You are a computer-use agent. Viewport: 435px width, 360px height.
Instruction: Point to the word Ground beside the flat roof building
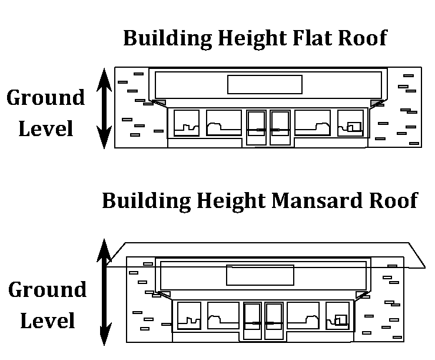click(45, 98)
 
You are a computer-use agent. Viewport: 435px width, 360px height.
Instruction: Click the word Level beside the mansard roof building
click(47, 321)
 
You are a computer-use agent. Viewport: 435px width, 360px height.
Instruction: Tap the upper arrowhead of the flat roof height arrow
click(104, 76)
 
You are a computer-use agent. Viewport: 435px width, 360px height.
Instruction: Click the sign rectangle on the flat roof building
click(264, 84)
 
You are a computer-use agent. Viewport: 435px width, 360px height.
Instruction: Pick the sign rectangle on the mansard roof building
click(260, 275)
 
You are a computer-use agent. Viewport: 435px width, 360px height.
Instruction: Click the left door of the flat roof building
click(257, 127)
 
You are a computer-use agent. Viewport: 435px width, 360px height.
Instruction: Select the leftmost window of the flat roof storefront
click(186, 123)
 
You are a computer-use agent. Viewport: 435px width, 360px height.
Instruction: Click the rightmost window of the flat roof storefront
click(351, 123)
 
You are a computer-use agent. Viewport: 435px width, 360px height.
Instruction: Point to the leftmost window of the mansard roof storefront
click(189, 315)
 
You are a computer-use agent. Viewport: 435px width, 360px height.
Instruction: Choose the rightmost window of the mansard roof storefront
click(337, 315)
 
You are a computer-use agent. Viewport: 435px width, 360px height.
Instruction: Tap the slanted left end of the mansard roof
click(117, 255)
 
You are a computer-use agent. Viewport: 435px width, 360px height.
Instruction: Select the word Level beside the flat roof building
click(46, 128)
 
